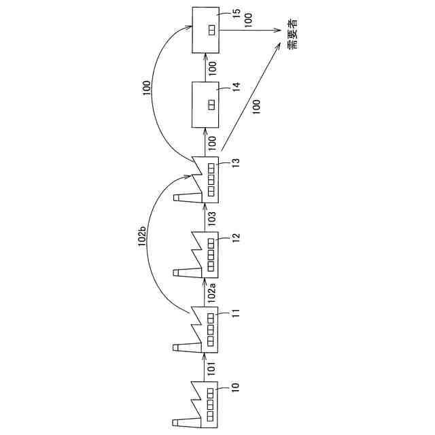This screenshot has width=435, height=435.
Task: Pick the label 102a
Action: click(212, 292)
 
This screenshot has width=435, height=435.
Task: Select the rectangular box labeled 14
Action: click(206, 104)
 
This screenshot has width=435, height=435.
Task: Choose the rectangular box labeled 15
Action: click(206, 31)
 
